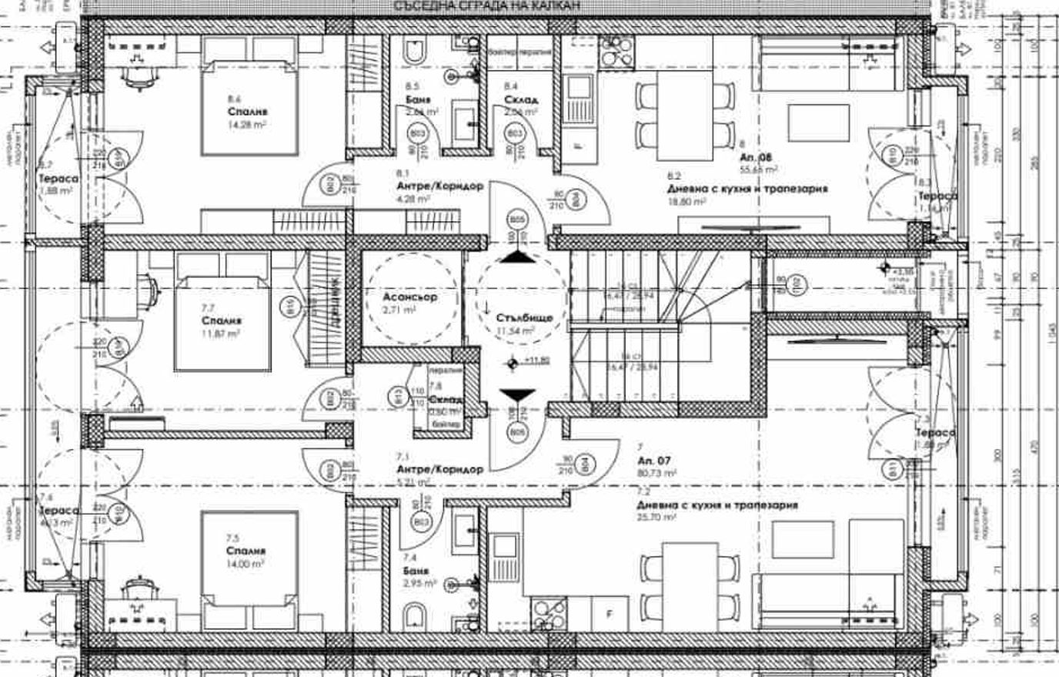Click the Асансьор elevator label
tap(409, 297)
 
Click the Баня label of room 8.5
tap(418, 99)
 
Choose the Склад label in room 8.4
tap(521, 99)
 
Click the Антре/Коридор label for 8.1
tap(439, 186)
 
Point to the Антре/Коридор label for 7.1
tap(439, 469)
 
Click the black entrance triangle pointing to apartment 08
tap(517, 257)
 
